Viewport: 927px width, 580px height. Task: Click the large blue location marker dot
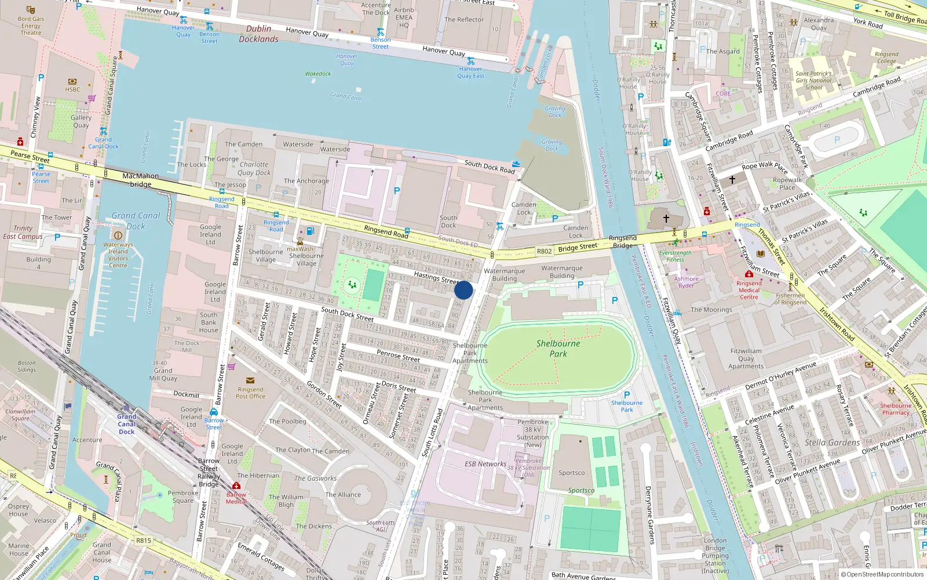click(463, 290)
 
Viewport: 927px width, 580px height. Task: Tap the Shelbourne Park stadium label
click(558, 348)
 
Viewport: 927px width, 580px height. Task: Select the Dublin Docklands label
click(258, 34)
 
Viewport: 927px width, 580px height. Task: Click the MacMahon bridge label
click(140, 180)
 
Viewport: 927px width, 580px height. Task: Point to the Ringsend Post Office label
click(250, 393)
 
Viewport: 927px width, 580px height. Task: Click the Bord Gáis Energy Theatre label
click(31, 26)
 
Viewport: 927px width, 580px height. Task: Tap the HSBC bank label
click(72, 89)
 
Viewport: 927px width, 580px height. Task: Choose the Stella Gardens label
click(832, 443)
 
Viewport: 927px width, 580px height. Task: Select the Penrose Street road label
click(398, 356)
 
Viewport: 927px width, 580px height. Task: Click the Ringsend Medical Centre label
click(749, 290)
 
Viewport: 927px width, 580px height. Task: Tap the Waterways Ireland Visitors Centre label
click(118, 255)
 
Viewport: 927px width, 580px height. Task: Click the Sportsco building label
click(571, 473)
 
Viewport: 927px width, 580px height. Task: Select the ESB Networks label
click(485, 464)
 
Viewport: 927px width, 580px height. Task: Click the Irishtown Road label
click(837, 324)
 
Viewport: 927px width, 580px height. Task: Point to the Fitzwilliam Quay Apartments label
click(746, 358)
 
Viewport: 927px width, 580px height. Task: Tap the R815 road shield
click(144, 541)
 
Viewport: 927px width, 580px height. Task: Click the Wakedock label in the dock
click(318, 74)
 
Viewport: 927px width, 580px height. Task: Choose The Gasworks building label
click(315, 478)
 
